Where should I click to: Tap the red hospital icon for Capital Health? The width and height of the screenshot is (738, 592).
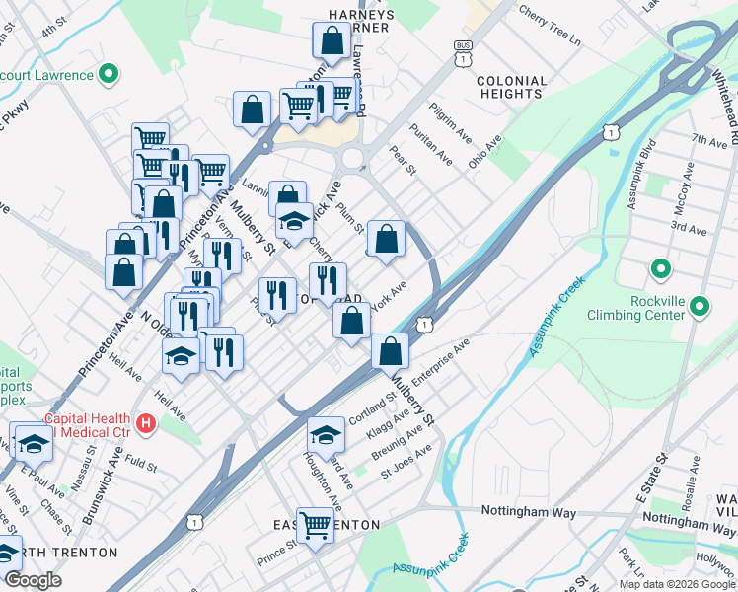click(147, 424)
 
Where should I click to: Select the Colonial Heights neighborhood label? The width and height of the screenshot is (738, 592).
click(510, 87)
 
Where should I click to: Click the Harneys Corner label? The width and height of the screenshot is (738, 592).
click(362, 21)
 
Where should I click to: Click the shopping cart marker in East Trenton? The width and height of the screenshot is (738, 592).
click(316, 524)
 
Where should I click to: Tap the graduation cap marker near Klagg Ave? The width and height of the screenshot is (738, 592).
click(327, 433)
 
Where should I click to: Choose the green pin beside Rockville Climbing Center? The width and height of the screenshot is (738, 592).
click(700, 307)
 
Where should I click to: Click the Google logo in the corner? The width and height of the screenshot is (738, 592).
click(33, 580)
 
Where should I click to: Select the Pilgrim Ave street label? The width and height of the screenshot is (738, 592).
click(446, 119)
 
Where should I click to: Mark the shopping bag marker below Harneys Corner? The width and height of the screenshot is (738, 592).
click(328, 39)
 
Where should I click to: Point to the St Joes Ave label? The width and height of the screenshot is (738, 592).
click(406, 459)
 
